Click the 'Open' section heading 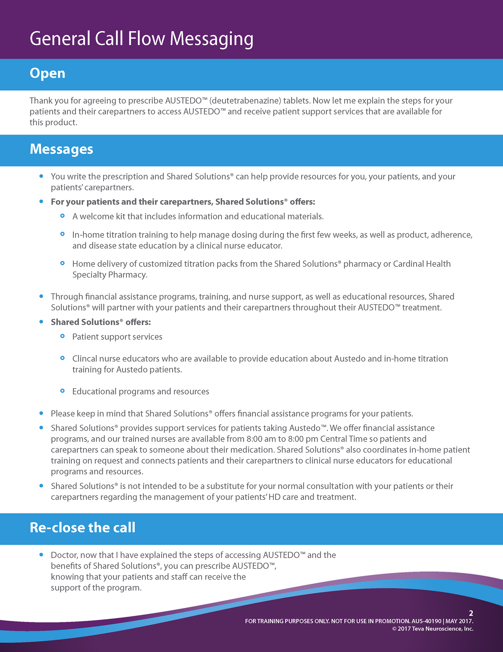(47, 73)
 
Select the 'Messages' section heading (61, 149)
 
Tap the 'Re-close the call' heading (83, 528)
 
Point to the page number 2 (471, 613)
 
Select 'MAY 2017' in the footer (459, 621)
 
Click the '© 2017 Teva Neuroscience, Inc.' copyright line (433, 629)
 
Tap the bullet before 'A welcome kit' (62, 216)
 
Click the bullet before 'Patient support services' (62, 336)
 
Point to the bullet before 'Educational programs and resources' (62, 391)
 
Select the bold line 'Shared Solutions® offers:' (101, 322)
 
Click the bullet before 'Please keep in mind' (41, 413)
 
